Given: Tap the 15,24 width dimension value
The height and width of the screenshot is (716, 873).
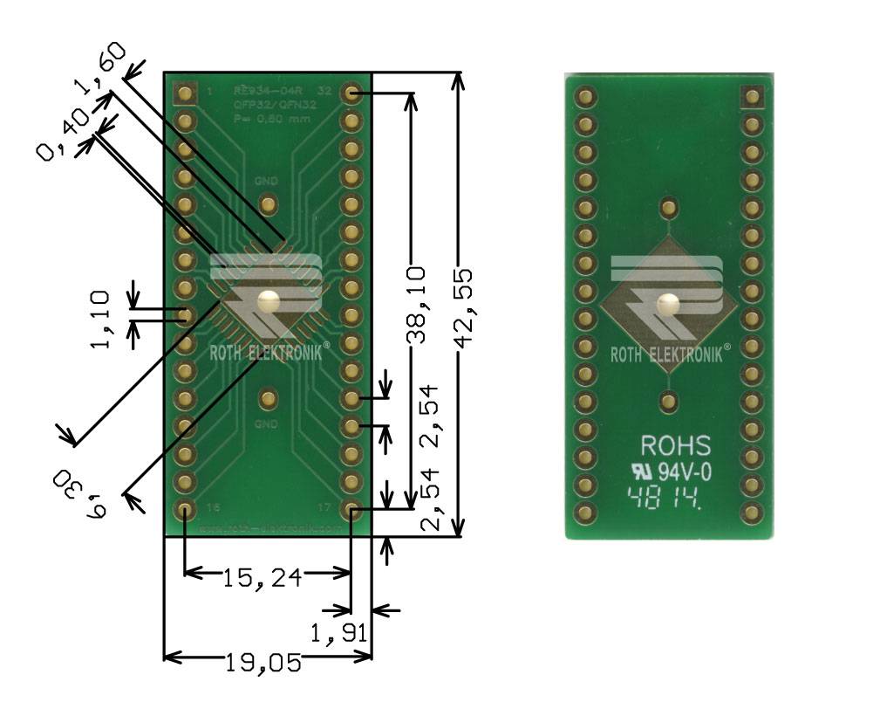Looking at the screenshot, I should tap(262, 577).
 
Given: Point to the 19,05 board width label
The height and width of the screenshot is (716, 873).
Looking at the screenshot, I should tap(264, 664).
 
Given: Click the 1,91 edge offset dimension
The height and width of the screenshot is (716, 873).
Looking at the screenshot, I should tap(339, 631).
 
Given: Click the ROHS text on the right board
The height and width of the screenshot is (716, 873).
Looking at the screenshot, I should tap(676, 446).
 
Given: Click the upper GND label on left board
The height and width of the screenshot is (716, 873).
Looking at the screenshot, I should tap(266, 181).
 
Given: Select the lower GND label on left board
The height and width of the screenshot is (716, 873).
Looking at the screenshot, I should tap(266, 423).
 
